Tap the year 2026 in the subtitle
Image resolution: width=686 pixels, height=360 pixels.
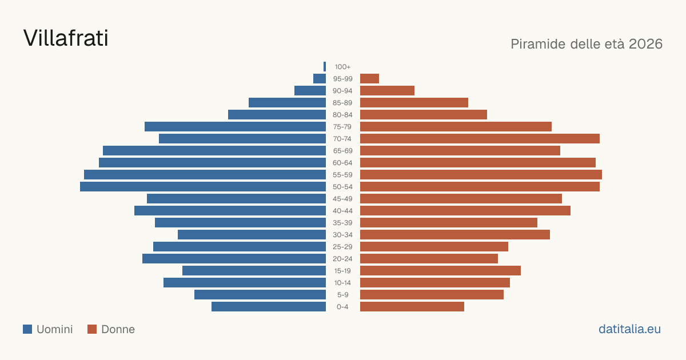(645, 44)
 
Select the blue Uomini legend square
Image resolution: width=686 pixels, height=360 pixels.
(27, 329)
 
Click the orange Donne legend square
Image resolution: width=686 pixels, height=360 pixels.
(92, 329)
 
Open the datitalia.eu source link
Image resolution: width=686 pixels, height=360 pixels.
(629, 329)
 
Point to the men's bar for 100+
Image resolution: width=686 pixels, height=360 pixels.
(325, 66)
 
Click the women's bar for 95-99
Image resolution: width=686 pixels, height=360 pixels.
(369, 78)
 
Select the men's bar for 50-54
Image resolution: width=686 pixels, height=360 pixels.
(203, 186)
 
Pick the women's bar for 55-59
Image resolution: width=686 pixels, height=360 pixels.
(481, 174)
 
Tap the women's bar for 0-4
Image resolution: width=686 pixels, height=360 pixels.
(412, 306)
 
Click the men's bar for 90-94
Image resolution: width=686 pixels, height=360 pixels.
(310, 90)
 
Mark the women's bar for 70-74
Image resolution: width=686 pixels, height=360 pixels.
(480, 138)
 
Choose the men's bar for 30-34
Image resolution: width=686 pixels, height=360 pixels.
(252, 234)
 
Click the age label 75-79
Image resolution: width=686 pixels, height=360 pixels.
(342, 127)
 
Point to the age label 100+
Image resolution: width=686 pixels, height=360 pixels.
(342, 67)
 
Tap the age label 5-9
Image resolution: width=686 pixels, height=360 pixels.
(342, 295)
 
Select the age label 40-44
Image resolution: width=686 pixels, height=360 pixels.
(342, 211)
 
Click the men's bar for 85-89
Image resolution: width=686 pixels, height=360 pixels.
(287, 102)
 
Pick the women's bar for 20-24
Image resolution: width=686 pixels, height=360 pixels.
(429, 258)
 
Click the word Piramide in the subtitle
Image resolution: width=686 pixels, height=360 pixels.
(538, 44)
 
